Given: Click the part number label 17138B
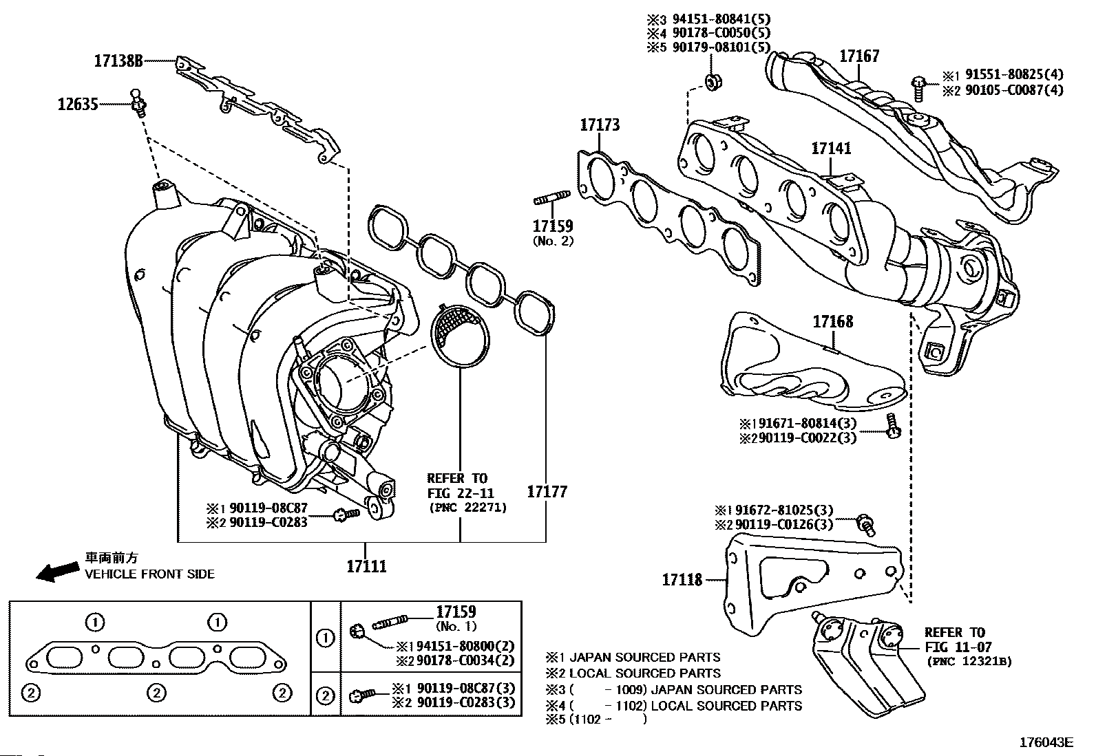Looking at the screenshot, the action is pyautogui.click(x=118, y=61).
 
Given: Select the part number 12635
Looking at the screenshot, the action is pyautogui.click(x=78, y=104).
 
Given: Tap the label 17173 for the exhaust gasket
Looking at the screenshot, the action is pyautogui.click(x=600, y=125).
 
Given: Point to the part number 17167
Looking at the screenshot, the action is pyautogui.click(x=859, y=56).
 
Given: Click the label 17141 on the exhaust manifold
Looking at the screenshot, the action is pyautogui.click(x=832, y=148).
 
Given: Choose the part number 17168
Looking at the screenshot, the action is pyautogui.click(x=833, y=321).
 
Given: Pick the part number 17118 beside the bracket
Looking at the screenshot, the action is pyautogui.click(x=682, y=580).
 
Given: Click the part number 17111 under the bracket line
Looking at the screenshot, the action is pyautogui.click(x=366, y=566).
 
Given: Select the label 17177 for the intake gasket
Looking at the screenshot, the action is pyautogui.click(x=547, y=491).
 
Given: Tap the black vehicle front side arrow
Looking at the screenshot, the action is pyautogui.click(x=58, y=572).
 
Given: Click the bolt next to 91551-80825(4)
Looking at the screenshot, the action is pyautogui.click(x=919, y=88).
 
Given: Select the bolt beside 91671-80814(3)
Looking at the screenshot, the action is pyautogui.click(x=893, y=425).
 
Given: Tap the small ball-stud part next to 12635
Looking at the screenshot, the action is pyautogui.click(x=138, y=102).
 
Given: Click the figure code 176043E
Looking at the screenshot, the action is pyautogui.click(x=1046, y=742).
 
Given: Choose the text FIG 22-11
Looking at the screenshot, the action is pyautogui.click(x=461, y=493).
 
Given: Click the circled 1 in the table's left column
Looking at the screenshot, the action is pyautogui.click(x=326, y=638).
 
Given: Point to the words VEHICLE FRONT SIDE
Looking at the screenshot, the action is pyautogui.click(x=149, y=574).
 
